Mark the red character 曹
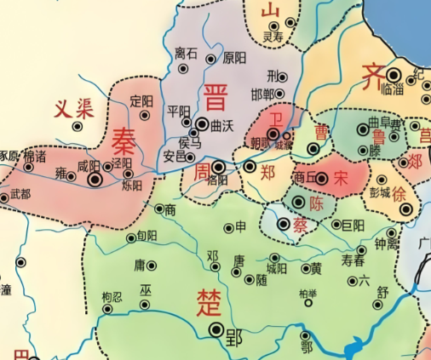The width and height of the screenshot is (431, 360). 322,131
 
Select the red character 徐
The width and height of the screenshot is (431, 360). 399,194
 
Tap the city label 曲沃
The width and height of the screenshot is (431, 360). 221,125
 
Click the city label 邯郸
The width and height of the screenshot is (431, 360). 262,93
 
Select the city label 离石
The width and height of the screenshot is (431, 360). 186,54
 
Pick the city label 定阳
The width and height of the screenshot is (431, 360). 142,100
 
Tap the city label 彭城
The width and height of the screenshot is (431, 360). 380,193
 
